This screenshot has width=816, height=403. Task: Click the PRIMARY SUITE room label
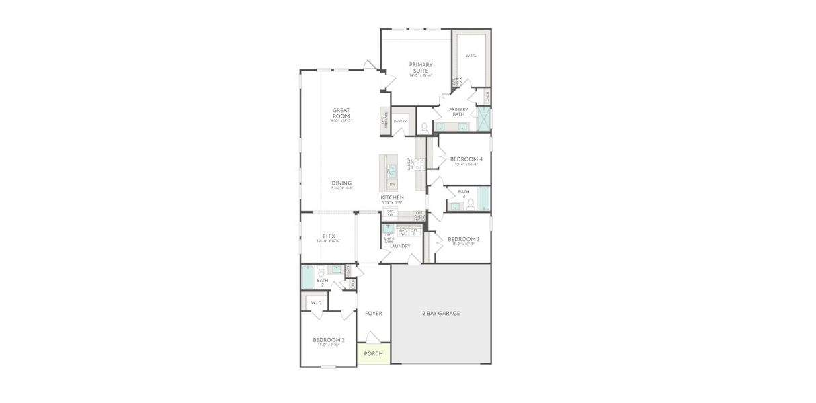pyautogui.click(x=421, y=67)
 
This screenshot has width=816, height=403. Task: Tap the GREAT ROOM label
pyautogui.click(x=341, y=113)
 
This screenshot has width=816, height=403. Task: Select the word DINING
pyautogui.click(x=341, y=183)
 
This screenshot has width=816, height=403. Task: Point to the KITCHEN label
pyautogui.click(x=393, y=197)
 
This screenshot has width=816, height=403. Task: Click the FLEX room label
pyautogui.click(x=329, y=236)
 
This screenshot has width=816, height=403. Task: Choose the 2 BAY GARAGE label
pyautogui.click(x=441, y=313)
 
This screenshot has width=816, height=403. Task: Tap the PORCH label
pyautogui.click(x=373, y=353)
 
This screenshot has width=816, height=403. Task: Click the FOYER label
pyautogui.click(x=373, y=313)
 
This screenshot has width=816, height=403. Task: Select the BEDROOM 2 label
pyautogui.click(x=329, y=340)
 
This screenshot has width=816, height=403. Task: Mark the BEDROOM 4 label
pyautogui.click(x=466, y=159)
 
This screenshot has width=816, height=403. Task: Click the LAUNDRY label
pyautogui.click(x=400, y=246)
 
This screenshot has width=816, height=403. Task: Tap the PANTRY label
pyautogui.click(x=401, y=122)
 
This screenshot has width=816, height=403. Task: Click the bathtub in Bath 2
pyautogui.click(x=307, y=277)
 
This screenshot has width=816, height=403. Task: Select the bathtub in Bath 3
pyautogui.click(x=483, y=199)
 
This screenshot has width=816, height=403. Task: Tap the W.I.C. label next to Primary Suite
pyautogui.click(x=471, y=56)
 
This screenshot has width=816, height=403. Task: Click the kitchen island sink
pyautogui.click(x=392, y=170)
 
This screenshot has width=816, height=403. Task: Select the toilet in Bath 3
pyautogui.click(x=471, y=203)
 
